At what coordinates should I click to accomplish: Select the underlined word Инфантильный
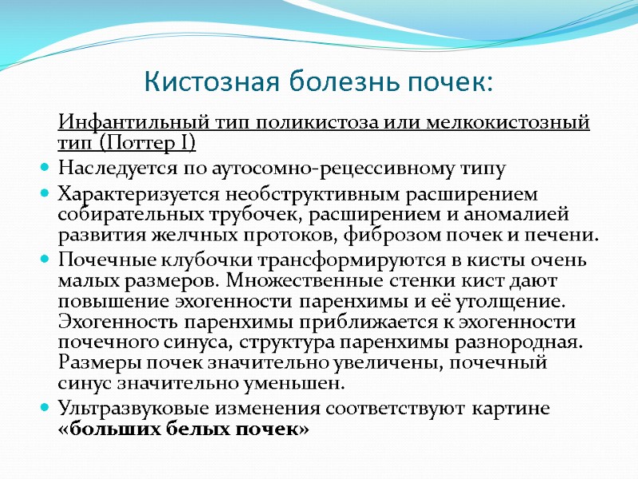(x=132, y=125)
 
